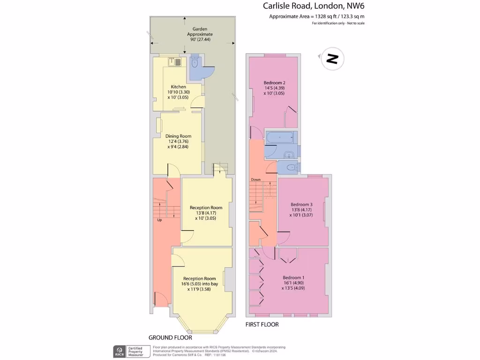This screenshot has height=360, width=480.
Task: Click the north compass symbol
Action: (x=332, y=59)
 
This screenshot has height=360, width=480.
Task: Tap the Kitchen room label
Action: (x=178, y=87)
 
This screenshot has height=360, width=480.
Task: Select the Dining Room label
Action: (x=178, y=136)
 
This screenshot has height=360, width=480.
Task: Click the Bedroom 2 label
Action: (x=275, y=83)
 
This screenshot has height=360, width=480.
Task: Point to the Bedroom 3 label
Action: (x=301, y=204)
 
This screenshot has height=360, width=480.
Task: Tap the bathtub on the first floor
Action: (x=280, y=137)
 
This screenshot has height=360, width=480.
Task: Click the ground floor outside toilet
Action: (x=195, y=63)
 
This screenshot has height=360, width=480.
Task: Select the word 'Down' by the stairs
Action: (x=255, y=180)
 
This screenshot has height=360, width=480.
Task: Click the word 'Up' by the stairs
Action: (x=159, y=220)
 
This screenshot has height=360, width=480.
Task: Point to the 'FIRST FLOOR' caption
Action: (x=262, y=324)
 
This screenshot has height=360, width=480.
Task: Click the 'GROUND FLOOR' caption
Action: (x=170, y=337)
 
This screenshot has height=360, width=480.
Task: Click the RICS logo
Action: (x=119, y=351)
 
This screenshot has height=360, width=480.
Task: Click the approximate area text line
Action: (x=317, y=16)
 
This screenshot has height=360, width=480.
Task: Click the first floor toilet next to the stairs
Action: (x=289, y=167)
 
